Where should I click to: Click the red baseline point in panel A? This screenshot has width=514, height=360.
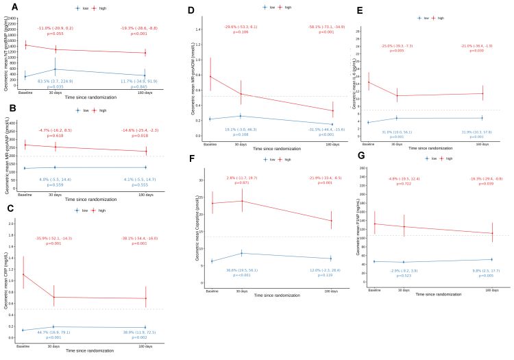click(x=25, y=45)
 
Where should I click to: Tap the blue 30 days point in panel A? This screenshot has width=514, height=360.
click(x=55, y=69)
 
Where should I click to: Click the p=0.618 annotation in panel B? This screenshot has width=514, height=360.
click(x=55, y=136)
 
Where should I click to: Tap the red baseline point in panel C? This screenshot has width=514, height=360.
click(x=25, y=274)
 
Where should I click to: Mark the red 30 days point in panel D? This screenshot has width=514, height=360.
click(x=241, y=93)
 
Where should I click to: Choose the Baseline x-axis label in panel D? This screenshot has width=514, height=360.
click(x=210, y=145)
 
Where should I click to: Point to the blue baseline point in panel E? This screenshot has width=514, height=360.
click(x=369, y=122)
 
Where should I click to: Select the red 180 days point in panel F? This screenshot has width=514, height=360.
click(x=331, y=220)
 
